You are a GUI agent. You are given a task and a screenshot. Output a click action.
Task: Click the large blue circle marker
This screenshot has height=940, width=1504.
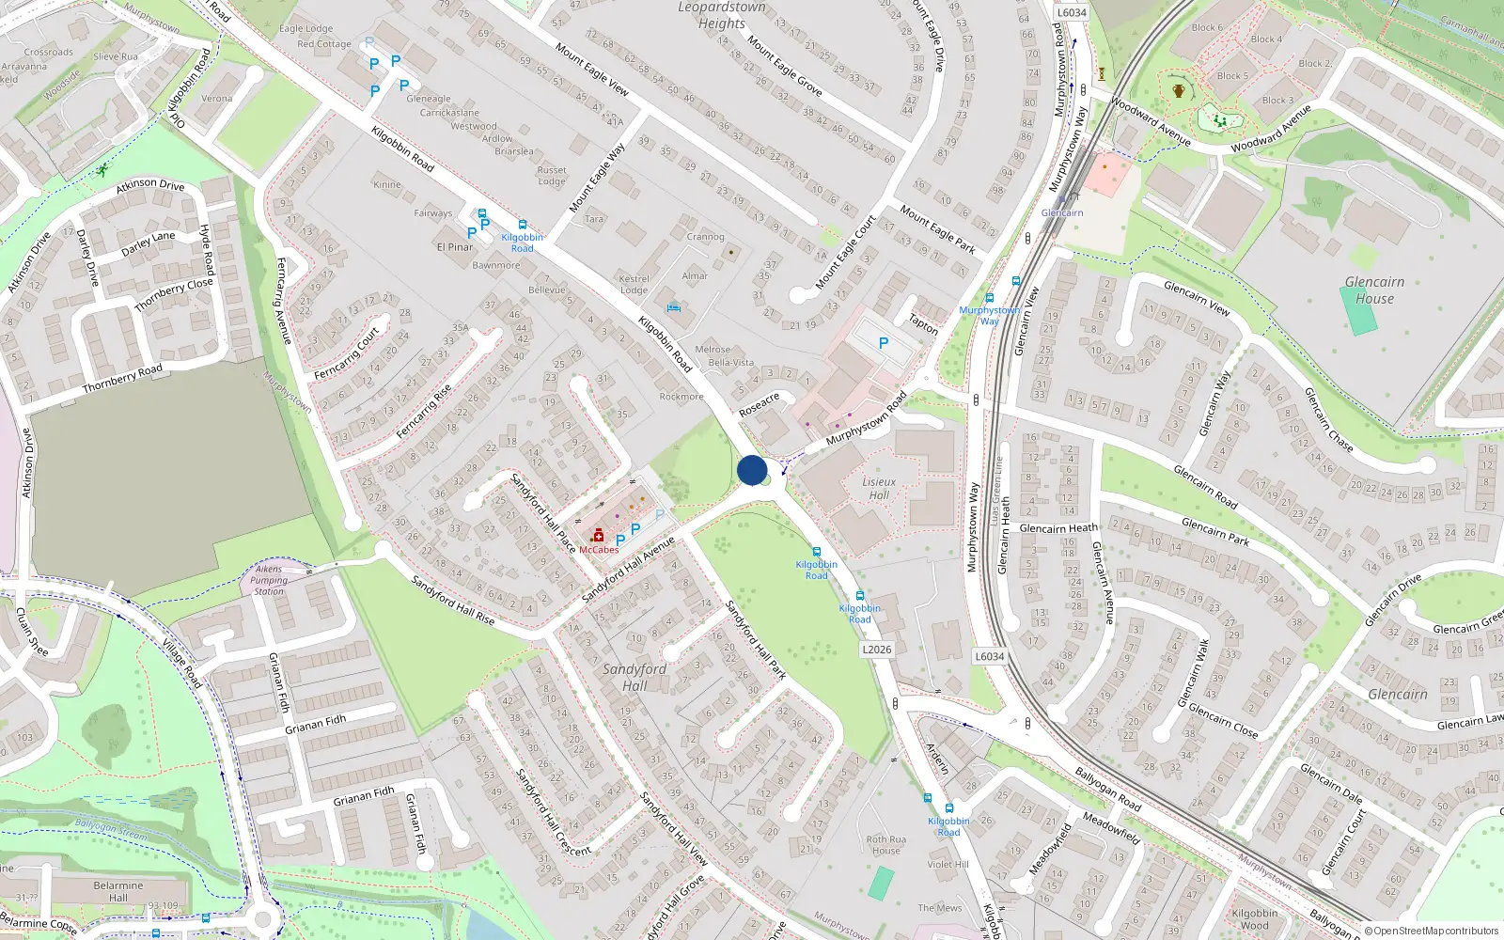tap(752, 470)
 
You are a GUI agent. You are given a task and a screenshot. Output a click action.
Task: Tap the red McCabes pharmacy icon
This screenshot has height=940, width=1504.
tap(598, 536)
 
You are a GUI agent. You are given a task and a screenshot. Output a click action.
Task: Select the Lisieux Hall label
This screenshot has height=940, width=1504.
tap(879, 489)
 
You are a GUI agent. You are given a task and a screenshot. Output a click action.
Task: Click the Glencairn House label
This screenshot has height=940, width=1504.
tap(1374, 290)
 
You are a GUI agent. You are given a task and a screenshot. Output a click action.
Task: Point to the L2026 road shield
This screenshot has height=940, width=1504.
tap(876, 650)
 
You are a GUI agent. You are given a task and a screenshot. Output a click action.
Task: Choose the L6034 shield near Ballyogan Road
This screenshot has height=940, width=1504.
tap(989, 657)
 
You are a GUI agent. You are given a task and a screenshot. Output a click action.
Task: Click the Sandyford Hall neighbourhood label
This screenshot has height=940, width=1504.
tap(634, 677)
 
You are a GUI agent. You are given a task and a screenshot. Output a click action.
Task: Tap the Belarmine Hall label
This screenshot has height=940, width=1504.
tap(118, 891)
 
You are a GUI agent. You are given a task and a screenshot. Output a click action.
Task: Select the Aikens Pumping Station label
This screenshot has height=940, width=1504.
tap(269, 580)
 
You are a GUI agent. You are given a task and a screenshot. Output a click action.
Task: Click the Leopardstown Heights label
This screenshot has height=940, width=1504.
tap(722, 15)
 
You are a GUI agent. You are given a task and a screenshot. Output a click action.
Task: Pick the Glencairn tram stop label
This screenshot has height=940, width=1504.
tap(1062, 213)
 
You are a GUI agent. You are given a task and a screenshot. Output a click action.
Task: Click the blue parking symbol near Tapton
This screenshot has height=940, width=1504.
tap(884, 344)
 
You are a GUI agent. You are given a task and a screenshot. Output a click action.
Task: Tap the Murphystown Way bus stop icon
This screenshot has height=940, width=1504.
tap(989, 298)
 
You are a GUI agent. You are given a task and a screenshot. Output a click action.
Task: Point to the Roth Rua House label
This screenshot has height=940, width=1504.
tap(886, 845)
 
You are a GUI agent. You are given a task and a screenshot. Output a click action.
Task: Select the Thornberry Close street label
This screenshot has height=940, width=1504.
tap(174, 295)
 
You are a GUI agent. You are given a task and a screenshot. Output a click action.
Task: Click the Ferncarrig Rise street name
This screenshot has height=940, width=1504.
tap(424, 412)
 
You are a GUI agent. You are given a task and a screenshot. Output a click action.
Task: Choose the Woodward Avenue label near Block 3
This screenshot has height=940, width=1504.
tap(1271, 130)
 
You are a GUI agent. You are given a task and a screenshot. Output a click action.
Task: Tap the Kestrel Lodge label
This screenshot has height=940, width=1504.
tap(634, 284)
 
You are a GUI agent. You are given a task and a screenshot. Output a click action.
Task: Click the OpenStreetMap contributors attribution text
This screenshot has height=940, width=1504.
tap(1431, 932)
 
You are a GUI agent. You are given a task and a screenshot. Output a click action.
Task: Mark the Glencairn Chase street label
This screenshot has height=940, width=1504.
tap(1328, 419)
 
